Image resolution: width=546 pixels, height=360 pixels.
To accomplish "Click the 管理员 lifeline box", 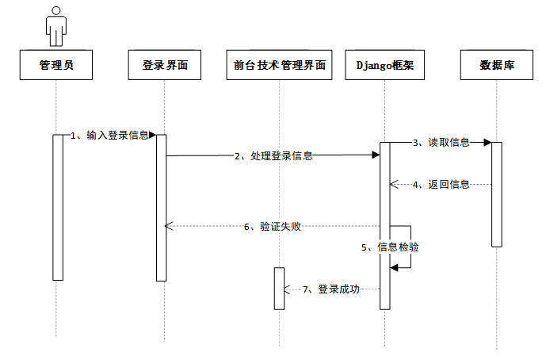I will point(57,65).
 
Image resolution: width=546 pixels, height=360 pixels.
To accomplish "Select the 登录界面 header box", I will point(166,65).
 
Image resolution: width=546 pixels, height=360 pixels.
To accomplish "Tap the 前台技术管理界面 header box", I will point(280,65).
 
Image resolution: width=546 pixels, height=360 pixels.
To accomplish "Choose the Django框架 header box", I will point(385,65).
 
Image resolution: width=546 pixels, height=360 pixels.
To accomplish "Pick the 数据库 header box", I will point(497,65).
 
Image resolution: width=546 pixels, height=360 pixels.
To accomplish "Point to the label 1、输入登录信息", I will point(109,136).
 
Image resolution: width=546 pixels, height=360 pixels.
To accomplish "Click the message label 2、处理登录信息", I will point(273,156).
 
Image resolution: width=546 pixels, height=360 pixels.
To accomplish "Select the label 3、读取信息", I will point(441,143).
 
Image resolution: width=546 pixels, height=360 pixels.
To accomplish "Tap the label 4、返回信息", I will point(441,185).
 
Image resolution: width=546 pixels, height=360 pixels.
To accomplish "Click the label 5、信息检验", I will point(390,247).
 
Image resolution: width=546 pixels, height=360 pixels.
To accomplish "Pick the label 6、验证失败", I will point(273,227).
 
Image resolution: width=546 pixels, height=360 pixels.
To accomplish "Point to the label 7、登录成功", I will point(331,289).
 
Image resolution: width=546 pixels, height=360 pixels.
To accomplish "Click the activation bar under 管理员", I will point(57,207).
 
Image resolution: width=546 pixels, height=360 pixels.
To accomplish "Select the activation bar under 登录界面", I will point(162,207).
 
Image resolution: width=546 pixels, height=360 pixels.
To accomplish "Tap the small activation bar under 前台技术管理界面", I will point(279,289).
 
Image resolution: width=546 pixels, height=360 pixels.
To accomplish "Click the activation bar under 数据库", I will point(497,194).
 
